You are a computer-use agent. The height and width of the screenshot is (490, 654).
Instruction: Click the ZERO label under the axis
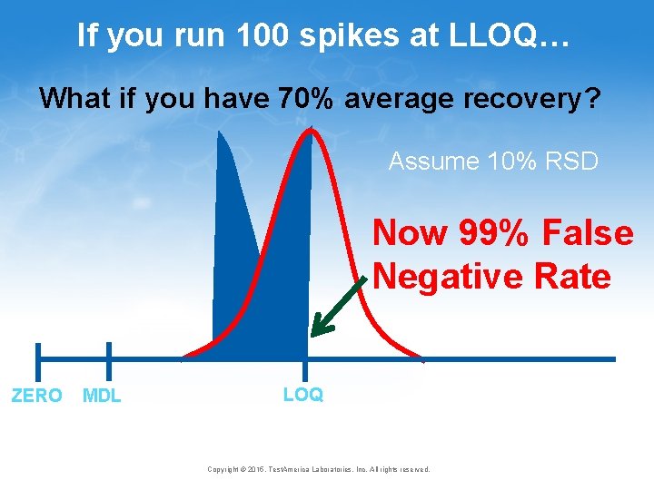(x=36, y=396)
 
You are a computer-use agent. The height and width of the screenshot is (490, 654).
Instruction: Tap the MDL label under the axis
(x=102, y=396)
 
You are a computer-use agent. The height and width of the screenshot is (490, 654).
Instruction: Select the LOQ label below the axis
(x=302, y=395)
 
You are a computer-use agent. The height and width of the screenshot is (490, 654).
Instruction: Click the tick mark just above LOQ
(x=306, y=367)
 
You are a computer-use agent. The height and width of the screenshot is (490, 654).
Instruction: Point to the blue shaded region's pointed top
(x=219, y=134)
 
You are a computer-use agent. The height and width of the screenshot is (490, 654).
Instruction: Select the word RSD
(x=572, y=162)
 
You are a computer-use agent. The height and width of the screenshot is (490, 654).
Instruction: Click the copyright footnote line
(x=318, y=469)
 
